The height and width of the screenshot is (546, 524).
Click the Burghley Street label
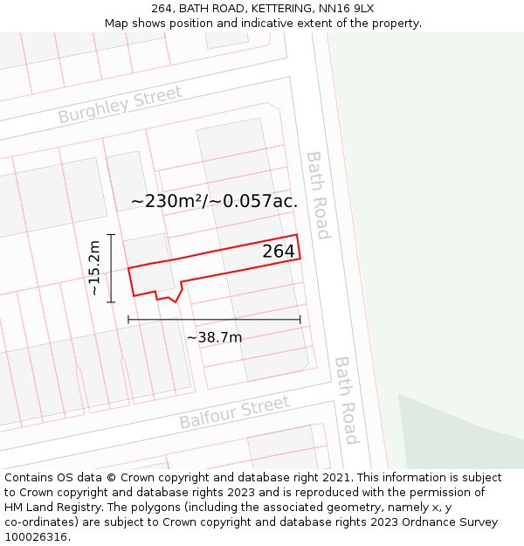click(x=120, y=104)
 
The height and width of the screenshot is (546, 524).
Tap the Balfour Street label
click(x=234, y=412)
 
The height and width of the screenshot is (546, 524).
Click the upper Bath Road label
click(x=318, y=195)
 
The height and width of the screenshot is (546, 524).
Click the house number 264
click(x=279, y=252)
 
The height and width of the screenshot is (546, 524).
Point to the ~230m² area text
click(x=168, y=201)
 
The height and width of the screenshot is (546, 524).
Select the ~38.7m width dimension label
click(x=214, y=337)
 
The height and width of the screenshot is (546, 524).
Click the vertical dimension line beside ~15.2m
click(x=111, y=268)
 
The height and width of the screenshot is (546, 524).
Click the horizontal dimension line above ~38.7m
click(x=214, y=320)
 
